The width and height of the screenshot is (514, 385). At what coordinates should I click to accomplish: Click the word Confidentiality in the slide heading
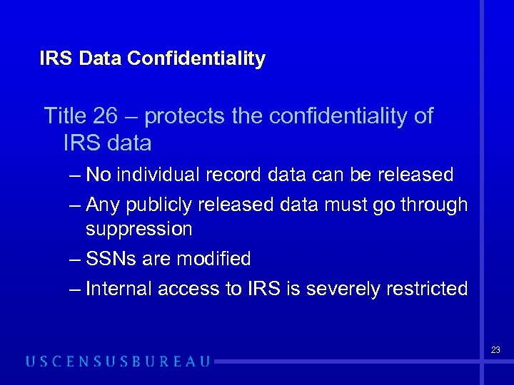point(196,58)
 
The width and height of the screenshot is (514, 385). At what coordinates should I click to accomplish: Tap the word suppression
point(138,230)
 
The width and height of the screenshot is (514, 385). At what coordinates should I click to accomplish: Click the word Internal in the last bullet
point(118,289)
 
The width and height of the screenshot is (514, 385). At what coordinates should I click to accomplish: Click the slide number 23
point(495,350)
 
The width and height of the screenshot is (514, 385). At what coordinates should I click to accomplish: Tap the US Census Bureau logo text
point(118,361)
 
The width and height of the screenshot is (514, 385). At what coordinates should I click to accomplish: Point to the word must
point(342,205)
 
